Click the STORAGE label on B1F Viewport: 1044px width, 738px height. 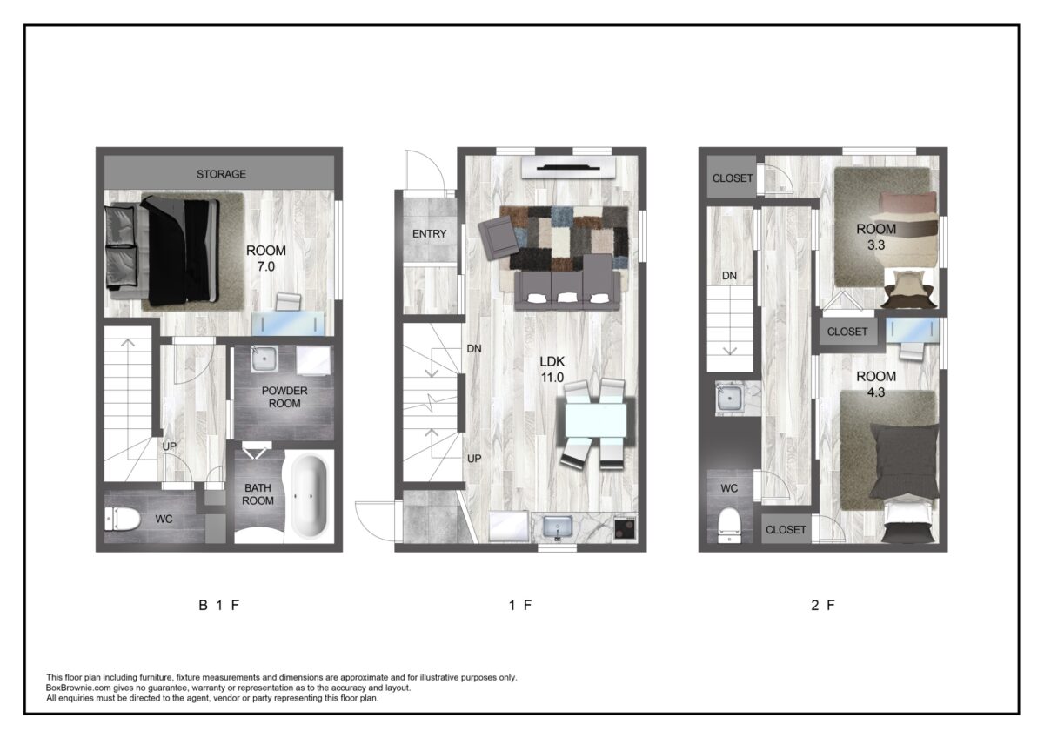pos(221,174)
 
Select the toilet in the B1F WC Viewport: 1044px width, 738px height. pos(122,519)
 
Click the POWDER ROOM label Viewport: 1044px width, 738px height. pos(284,397)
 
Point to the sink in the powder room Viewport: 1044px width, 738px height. pos(264,359)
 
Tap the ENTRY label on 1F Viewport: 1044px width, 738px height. pos(429,233)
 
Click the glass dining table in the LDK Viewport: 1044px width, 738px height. pos(596,421)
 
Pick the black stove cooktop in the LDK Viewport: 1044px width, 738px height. pos(625,527)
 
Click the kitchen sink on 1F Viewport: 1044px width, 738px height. pos(558,527)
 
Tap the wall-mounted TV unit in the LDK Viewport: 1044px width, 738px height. pos(568,167)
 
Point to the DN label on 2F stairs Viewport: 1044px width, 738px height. pos(729,276)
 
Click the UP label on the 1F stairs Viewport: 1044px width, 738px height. pos(474,459)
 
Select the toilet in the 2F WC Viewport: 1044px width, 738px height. pos(729,526)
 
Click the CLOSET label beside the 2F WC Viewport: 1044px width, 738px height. pos(786,530)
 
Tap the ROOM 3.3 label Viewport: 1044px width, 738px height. pos(876,237)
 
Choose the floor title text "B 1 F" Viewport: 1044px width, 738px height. pos(219,605)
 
